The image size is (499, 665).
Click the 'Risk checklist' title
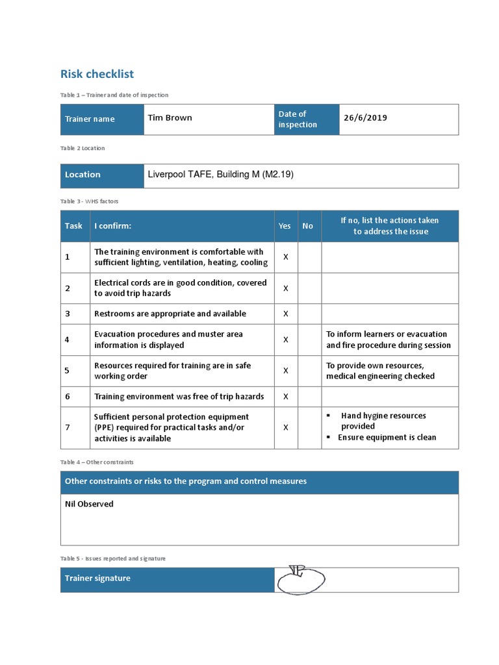click(97, 74)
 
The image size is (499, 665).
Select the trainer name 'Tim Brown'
click(170, 118)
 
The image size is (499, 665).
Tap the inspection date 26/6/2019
click(365, 118)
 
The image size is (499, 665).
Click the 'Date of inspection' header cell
click(298, 119)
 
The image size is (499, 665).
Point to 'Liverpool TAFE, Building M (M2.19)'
click(220, 175)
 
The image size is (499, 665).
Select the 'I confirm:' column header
click(112, 226)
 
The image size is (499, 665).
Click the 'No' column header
click(307, 226)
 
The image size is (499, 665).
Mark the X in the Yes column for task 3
click(285, 314)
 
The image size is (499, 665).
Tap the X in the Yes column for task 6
click(285, 397)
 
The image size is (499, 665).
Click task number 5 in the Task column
click(67, 371)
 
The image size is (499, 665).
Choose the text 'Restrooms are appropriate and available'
click(170, 314)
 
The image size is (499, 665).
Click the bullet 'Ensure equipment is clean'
click(387, 438)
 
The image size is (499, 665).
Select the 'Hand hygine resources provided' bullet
click(383, 421)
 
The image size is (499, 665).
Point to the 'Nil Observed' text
click(90, 504)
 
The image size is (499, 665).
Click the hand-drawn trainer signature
click(300, 579)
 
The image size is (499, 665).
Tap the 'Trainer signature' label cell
click(97, 579)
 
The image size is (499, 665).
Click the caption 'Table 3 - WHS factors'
click(90, 201)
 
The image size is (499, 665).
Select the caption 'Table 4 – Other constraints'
click(97, 462)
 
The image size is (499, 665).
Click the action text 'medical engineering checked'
click(380, 377)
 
